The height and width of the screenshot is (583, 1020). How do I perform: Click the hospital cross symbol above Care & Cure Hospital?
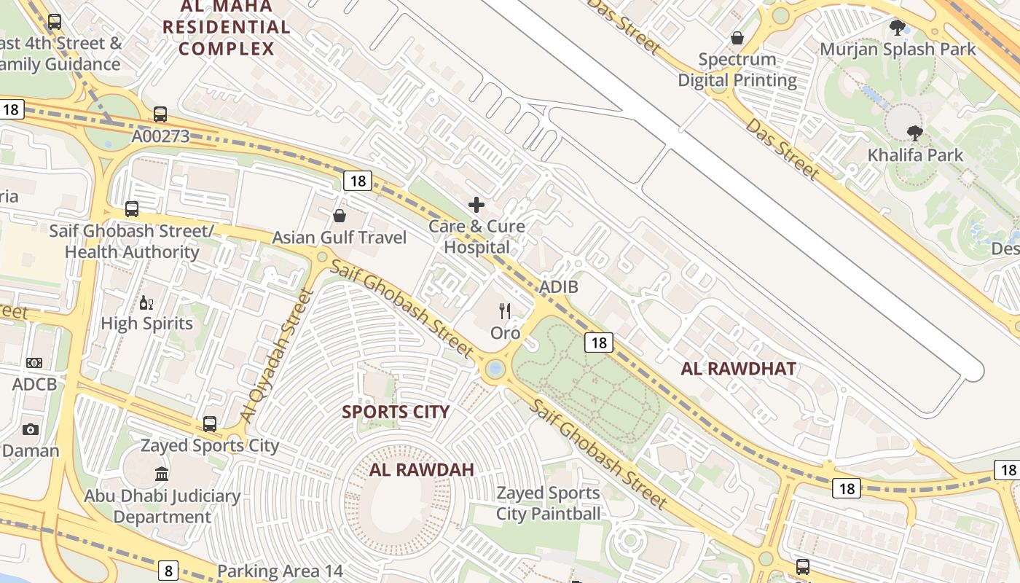coord(476,205)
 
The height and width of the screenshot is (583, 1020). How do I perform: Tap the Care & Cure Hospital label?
coord(476,237)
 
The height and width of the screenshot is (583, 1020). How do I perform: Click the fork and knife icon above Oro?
coord(505,311)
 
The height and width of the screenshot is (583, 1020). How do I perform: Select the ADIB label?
coord(559,287)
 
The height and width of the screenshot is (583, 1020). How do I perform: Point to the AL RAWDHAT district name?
coord(738,369)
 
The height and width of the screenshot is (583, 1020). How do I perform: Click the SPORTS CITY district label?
coord(396,412)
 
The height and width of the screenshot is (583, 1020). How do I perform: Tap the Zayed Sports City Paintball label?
coord(549,504)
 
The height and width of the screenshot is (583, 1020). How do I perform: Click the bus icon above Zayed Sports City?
coord(210,423)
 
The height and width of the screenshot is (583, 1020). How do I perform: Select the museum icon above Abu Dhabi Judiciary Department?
coord(162,474)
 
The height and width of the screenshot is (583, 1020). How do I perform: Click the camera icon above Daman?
coord(30,429)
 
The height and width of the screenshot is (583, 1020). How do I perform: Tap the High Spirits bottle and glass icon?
coord(146,302)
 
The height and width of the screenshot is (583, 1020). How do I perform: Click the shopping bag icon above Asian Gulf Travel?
coord(340,216)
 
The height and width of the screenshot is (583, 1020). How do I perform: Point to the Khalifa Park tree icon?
coord(915,133)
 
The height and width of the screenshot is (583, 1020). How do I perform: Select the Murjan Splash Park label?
coord(898,50)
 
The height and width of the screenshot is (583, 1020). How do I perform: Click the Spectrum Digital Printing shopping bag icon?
coord(737,38)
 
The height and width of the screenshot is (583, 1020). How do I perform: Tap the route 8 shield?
coord(168,570)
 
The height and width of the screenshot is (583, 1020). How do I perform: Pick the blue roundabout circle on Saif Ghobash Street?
coord(495,369)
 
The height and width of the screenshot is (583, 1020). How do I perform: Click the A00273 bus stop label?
coord(160,136)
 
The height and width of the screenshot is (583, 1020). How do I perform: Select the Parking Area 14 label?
coord(280,571)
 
